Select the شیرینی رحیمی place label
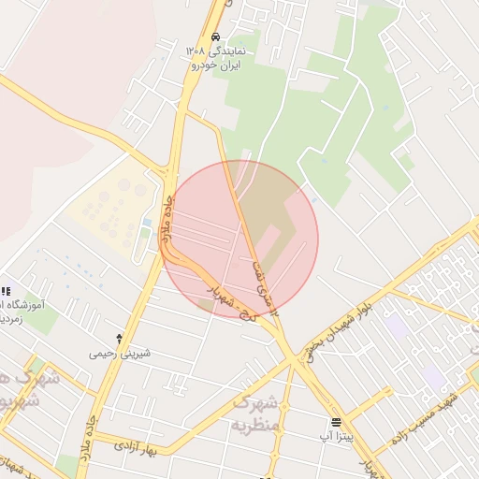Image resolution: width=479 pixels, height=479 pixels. click(x=119, y=354)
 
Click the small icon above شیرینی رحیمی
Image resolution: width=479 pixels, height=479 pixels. click(x=119, y=338)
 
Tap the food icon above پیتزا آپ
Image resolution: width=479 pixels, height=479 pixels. click(x=337, y=422)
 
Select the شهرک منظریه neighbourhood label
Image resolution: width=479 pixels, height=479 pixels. click(x=255, y=413)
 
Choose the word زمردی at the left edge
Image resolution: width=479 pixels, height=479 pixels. click(x=11, y=319)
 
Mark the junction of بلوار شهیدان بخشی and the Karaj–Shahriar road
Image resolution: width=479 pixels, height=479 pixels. click(x=299, y=356)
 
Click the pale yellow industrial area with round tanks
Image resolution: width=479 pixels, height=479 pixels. click(x=108, y=216)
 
